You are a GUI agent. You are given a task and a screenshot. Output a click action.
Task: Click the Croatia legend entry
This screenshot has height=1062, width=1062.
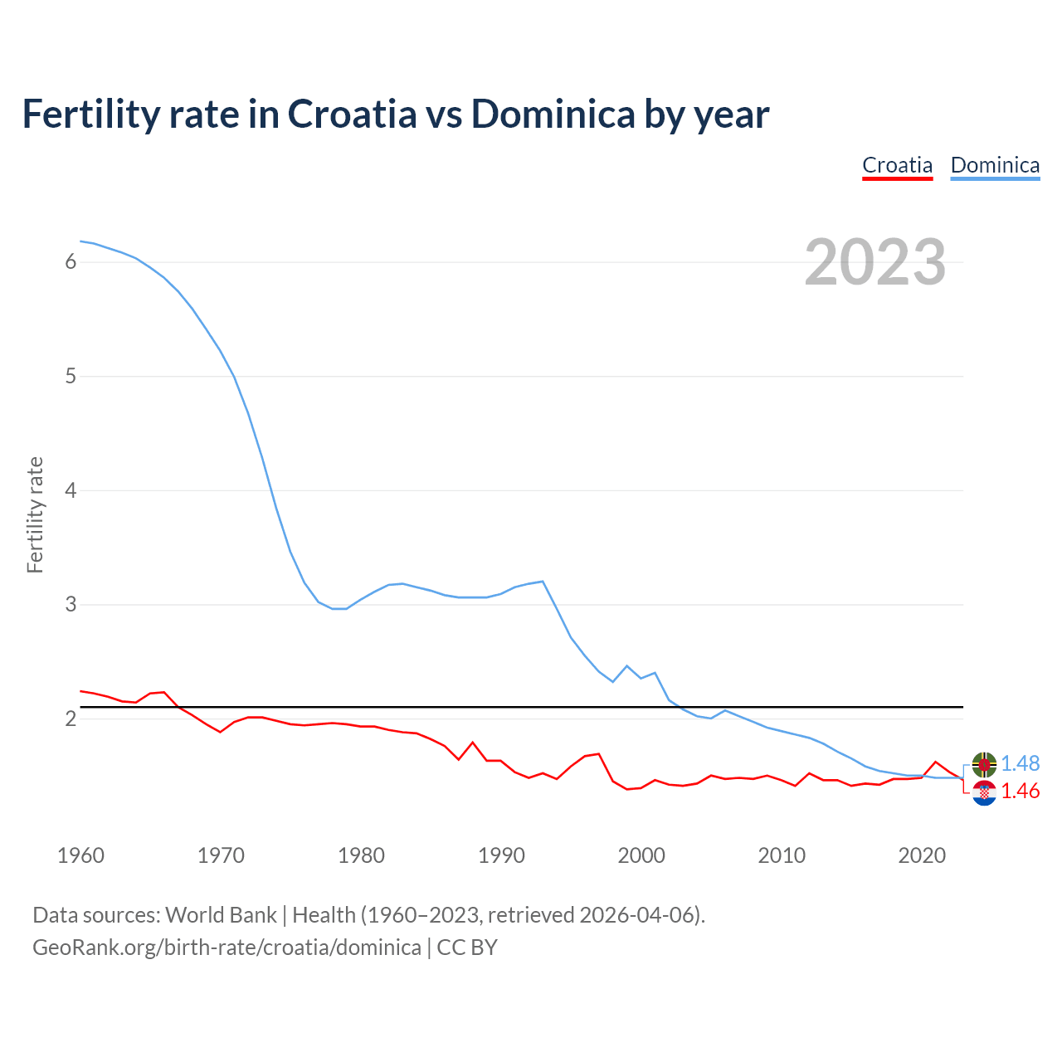click(x=897, y=165)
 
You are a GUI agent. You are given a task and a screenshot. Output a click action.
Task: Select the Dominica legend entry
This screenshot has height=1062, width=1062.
click(x=995, y=165)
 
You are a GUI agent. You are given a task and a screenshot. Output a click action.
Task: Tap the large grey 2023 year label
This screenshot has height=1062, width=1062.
click(x=875, y=262)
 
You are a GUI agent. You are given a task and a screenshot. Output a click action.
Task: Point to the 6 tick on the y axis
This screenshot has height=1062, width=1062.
click(x=71, y=262)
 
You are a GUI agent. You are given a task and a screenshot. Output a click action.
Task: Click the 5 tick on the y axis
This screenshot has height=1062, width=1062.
click(x=71, y=377)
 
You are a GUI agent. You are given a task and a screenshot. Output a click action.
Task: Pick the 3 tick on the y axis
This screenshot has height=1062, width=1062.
click(x=71, y=605)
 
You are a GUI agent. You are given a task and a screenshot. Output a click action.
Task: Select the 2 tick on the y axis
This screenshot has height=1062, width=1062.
click(x=71, y=719)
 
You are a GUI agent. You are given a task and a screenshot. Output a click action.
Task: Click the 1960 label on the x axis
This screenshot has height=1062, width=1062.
click(x=80, y=855)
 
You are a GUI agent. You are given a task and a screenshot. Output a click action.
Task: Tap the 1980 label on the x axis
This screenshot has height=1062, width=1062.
click(x=361, y=855)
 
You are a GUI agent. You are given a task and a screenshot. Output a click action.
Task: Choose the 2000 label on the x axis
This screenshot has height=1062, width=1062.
click(x=641, y=855)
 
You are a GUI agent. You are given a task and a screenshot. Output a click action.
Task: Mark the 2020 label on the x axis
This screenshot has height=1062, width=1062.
click(x=922, y=855)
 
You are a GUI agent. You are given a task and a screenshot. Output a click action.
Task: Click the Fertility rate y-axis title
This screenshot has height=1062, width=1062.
click(x=35, y=514)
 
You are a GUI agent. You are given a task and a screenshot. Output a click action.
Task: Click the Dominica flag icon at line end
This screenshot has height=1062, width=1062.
click(x=984, y=764)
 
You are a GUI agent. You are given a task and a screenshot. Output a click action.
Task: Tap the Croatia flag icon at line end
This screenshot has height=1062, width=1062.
click(x=984, y=793)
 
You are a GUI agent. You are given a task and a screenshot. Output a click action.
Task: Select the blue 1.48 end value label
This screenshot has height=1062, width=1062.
click(x=1021, y=763)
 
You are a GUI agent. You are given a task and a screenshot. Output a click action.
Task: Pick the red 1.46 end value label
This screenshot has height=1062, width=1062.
click(x=1021, y=792)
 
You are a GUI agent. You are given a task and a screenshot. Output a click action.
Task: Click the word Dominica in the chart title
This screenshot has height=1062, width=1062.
click(x=553, y=114)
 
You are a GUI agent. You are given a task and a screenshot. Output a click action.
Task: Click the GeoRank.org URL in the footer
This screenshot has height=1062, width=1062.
click(x=227, y=948)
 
